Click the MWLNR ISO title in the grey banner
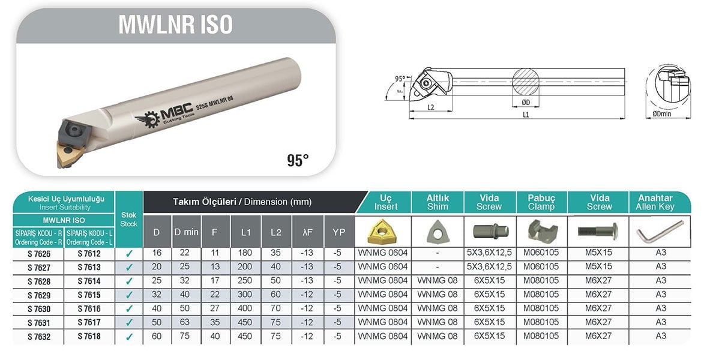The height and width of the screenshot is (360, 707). pyautogui.click(x=175, y=24)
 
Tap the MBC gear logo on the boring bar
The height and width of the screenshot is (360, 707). pyautogui.click(x=148, y=119)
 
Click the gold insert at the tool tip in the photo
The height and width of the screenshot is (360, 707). pyautogui.click(x=68, y=153)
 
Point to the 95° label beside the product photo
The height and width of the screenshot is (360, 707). pyautogui.click(x=298, y=160)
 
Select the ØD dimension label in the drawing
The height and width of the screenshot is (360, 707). pyautogui.click(x=526, y=102)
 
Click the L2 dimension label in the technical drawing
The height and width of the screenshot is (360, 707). pyautogui.click(x=430, y=107)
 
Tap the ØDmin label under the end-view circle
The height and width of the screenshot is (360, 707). pyautogui.click(x=662, y=114)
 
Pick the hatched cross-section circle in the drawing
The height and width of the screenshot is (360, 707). pyautogui.click(x=526, y=82)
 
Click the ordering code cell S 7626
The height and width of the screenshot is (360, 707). pyautogui.click(x=39, y=254)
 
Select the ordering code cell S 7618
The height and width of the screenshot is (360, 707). pyautogui.click(x=89, y=337)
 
